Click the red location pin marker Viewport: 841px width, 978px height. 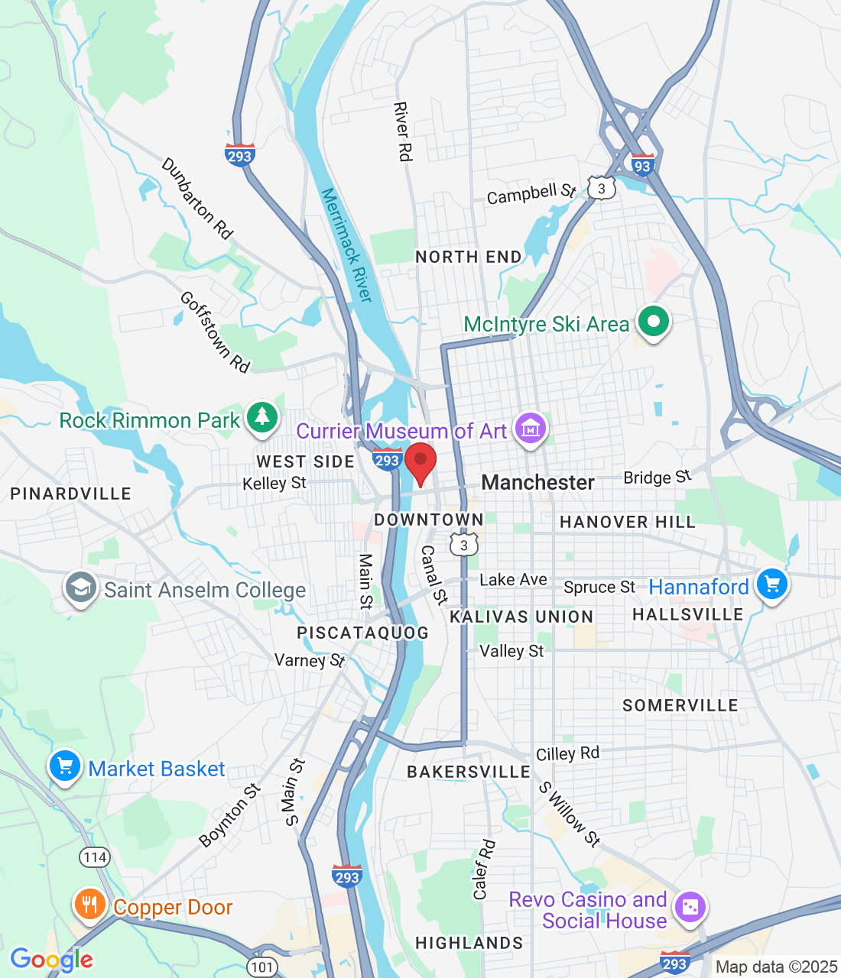420,462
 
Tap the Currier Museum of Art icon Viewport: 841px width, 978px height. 531,429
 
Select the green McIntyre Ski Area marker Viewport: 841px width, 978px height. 653,322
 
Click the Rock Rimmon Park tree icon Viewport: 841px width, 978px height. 262,417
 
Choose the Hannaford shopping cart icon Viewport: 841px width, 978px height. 771,585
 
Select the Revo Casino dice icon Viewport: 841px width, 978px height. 690,907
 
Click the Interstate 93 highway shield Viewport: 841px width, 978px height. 642,164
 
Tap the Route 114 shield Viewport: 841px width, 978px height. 95,857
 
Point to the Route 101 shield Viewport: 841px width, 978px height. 261,967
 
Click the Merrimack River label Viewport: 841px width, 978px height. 346,245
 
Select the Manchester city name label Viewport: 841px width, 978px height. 537,483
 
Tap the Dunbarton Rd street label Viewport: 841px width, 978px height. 196,199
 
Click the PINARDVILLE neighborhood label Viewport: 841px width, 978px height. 70,494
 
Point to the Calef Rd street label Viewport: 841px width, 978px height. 484,870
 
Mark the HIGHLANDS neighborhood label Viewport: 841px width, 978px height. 469,943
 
